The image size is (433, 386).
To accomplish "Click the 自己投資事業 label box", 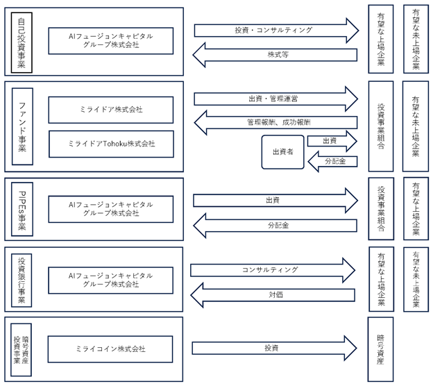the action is coord(22,42).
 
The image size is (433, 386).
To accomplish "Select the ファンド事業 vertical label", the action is coord(22,126).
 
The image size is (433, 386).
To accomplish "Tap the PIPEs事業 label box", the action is coord(22,209).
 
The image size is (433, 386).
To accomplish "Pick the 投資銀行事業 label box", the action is coord(22,280).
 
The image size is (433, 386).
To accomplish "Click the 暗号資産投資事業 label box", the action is coord(21,350).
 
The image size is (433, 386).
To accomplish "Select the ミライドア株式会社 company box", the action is coord(111,110).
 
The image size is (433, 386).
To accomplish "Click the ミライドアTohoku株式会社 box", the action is coord(111,144).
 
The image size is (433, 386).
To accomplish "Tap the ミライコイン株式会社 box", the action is coord(110,349).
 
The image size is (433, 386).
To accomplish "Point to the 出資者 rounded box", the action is coord(283,152).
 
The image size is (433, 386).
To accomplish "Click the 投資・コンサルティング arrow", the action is coord(276,31).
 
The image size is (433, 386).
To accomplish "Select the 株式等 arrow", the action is coord(275,55).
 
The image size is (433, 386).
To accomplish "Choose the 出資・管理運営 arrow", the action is coord(276,99).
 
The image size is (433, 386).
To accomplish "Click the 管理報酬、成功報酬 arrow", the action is coord(276,122).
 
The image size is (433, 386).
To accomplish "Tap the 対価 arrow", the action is coord(273,295).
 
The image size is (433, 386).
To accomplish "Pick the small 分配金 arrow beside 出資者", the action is coord(333,161).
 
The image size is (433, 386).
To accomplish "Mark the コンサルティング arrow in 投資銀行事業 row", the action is coord(273,270).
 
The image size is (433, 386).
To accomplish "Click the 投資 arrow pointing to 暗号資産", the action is coord(275,348).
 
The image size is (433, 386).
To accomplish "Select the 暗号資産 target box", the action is coord(380,349).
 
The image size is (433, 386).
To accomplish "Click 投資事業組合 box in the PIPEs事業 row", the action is coord(381,208).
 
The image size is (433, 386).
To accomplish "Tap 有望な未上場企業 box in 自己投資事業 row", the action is coord(416,39).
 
